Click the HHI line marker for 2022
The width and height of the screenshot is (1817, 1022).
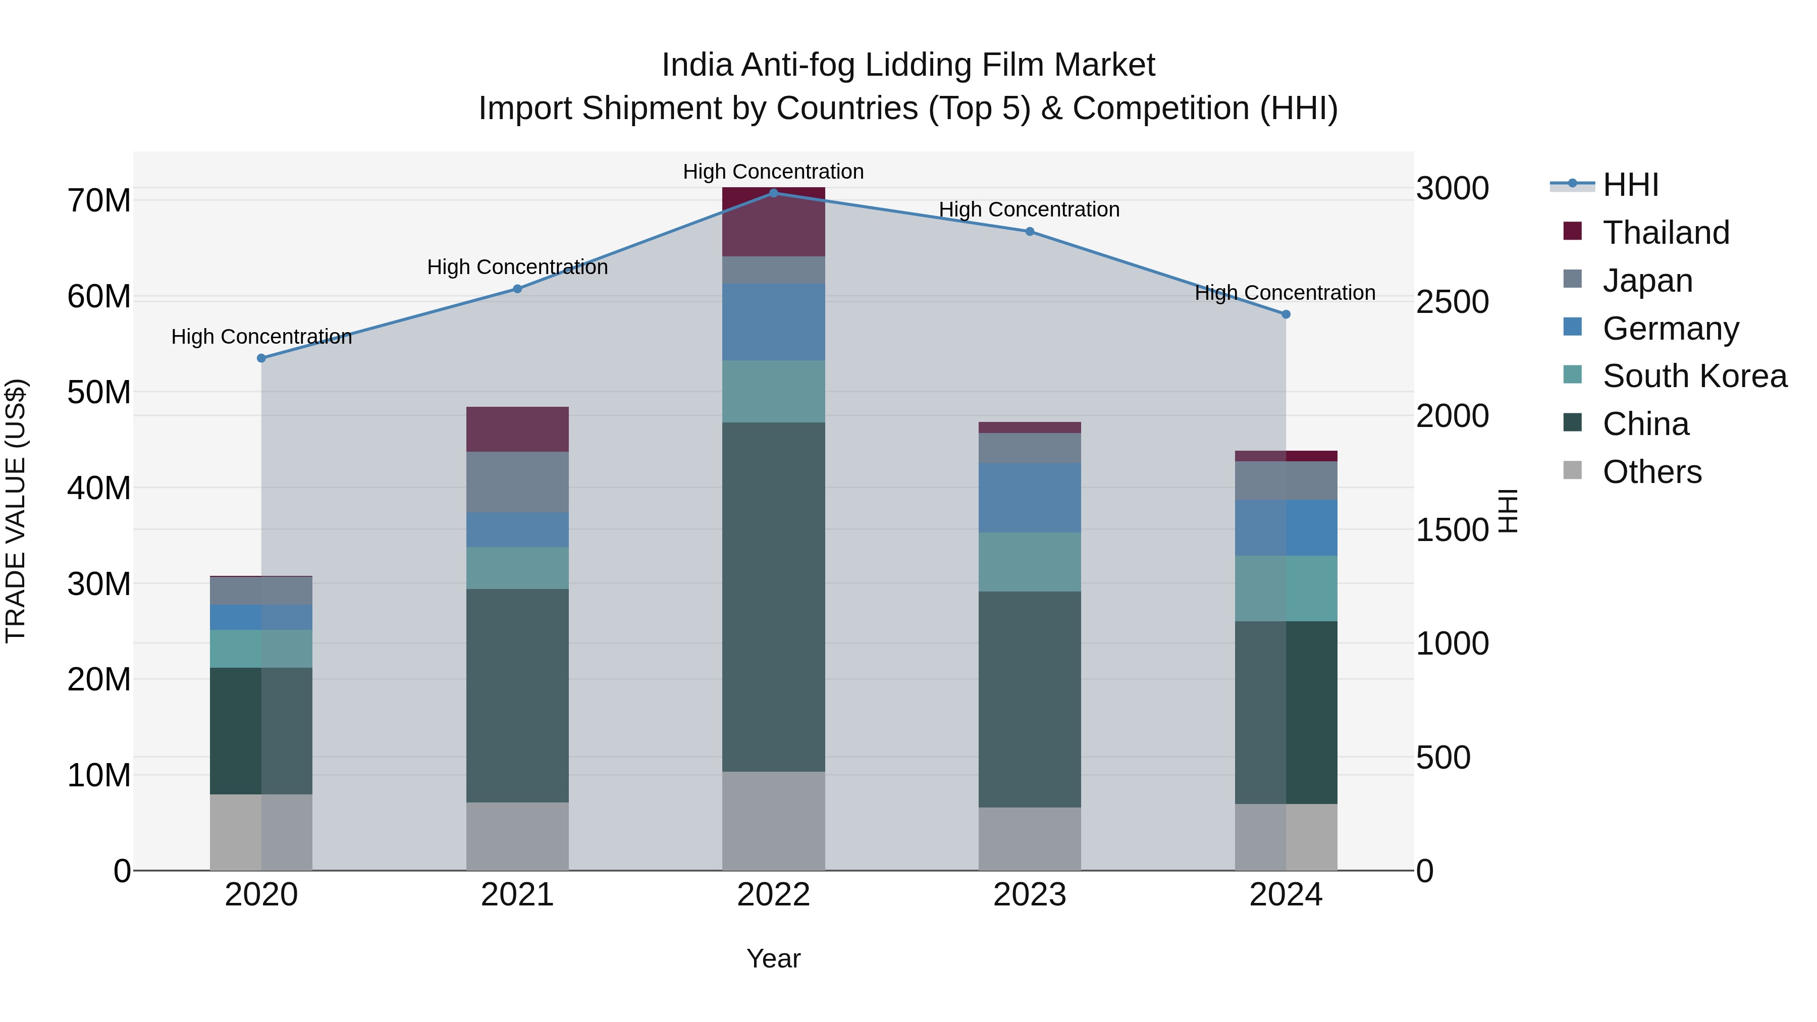(x=773, y=193)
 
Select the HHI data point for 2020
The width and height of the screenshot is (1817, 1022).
(x=261, y=358)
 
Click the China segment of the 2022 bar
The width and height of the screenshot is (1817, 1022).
(x=773, y=596)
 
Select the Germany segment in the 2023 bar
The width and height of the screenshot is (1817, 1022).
(x=1029, y=497)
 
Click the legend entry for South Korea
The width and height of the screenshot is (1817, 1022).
(x=1693, y=376)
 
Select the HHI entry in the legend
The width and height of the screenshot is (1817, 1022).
(x=1629, y=185)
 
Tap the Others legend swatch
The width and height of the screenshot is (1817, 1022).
(x=1572, y=470)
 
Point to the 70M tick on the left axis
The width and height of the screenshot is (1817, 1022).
(x=99, y=201)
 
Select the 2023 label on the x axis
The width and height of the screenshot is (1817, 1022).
(x=1029, y=895)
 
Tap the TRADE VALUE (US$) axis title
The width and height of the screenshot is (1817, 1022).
(x=16, y=511)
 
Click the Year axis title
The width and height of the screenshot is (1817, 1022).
(x=773, y=958)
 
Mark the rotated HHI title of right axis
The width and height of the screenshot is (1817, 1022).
(x=1507, y=511)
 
